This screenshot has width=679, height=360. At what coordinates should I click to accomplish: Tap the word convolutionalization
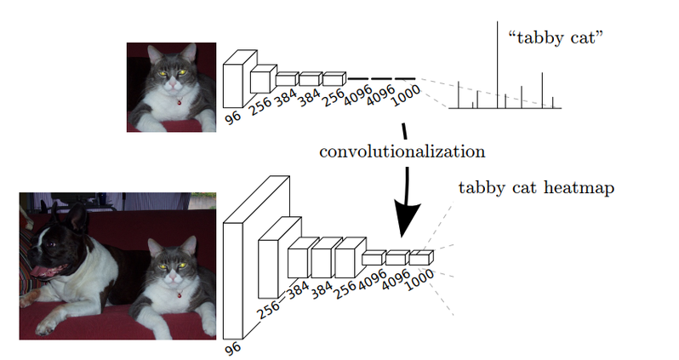(x=402, y=151)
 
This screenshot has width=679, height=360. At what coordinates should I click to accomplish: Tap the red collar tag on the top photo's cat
(x=180, y=104)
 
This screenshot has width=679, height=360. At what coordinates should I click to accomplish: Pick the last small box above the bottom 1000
(x=420, y=258)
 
